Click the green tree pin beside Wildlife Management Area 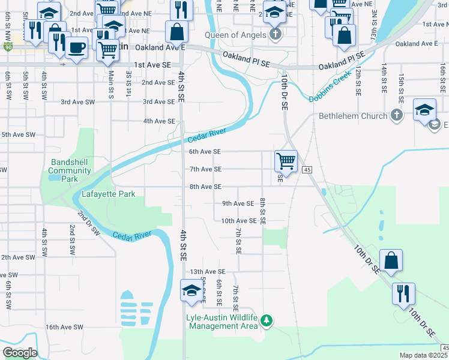coord(267,322)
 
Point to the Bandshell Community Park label coord(70,170)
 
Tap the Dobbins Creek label coord(330,92)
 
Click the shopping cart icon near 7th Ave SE coord(286,161)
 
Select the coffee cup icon coord(76,47)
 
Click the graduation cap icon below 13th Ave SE coord(192,290)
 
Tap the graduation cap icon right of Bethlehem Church coord(424,109)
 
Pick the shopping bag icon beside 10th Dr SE coord(391,260)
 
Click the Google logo coord(20,353)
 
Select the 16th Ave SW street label coord(64,327)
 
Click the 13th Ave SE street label coord(208,272)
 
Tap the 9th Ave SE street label coord(238,204)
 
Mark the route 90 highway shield coord(7,47)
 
